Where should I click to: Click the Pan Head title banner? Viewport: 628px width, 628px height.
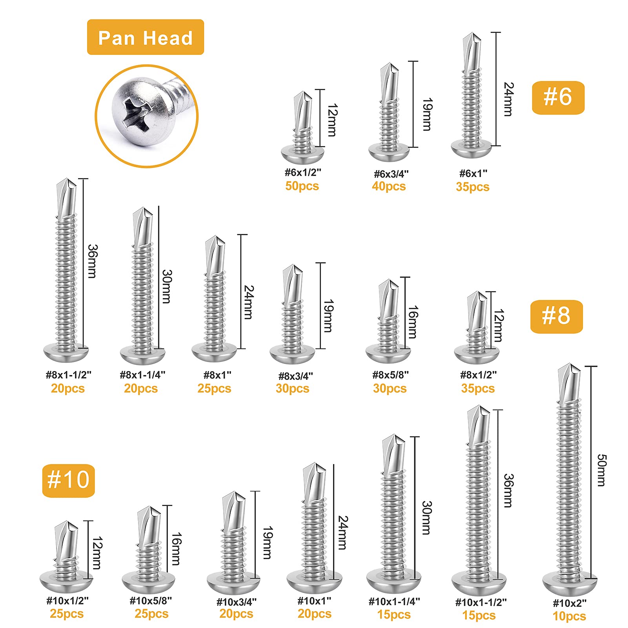click(146, 37)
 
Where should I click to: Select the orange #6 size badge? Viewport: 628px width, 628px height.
click(558, 98)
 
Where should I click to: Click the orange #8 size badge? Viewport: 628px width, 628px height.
click(556, 317)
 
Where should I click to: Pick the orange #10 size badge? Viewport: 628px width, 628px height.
click(69, 481)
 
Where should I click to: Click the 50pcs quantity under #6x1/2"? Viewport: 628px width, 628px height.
click(302, 186)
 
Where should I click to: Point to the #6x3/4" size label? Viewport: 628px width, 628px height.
click(391, 174)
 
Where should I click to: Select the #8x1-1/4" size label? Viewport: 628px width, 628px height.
click(142, 375)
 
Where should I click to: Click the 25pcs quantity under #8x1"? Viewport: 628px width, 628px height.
click(214, 388)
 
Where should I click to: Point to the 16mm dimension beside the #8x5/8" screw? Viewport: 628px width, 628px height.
click(413, 322)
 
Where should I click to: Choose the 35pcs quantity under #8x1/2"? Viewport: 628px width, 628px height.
click(478, 388)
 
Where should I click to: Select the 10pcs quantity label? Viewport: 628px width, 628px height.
click(569, 616)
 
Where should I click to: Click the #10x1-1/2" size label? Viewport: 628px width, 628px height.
click(481, 602)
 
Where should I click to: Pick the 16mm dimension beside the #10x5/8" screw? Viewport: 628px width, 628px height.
click(176, 549)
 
